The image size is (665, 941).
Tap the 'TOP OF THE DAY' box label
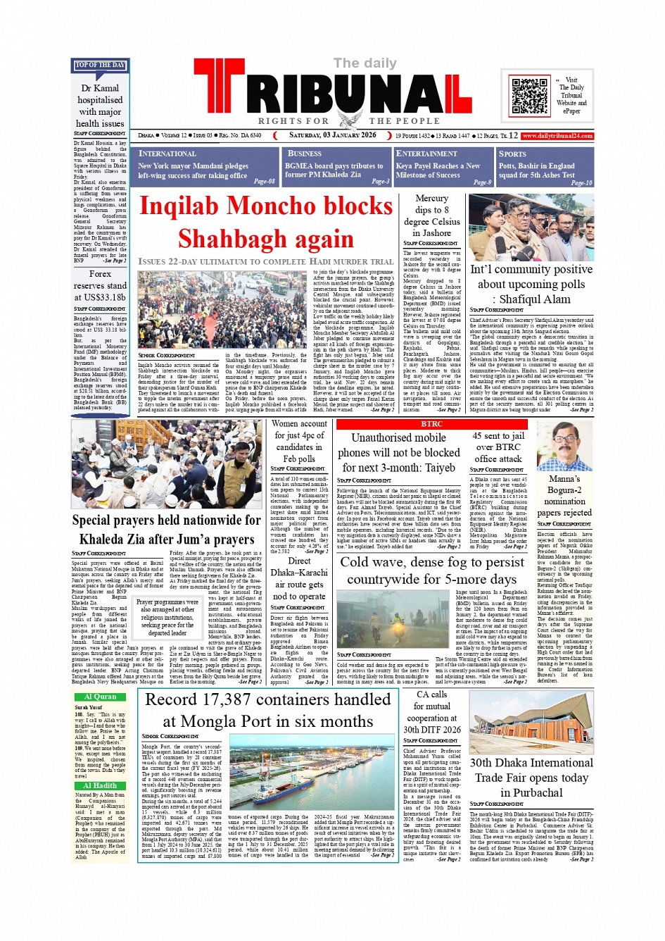coord(101,66)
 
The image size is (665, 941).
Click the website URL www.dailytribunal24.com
coord(557,136)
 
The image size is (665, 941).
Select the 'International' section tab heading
coord(167,154)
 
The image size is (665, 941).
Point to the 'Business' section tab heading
coord(305,154)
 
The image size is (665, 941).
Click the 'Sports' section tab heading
coord(512,154)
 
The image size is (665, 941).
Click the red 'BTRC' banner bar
coord(431,424)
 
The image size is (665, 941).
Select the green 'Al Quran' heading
coord(100,697)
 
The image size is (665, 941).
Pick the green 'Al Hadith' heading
coord(100,785)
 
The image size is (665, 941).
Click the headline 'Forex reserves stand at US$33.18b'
coord(100,285)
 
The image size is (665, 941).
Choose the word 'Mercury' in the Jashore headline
coord(431,199)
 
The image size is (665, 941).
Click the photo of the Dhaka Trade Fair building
coord(531,723)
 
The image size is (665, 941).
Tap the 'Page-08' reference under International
coord(264,182)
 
